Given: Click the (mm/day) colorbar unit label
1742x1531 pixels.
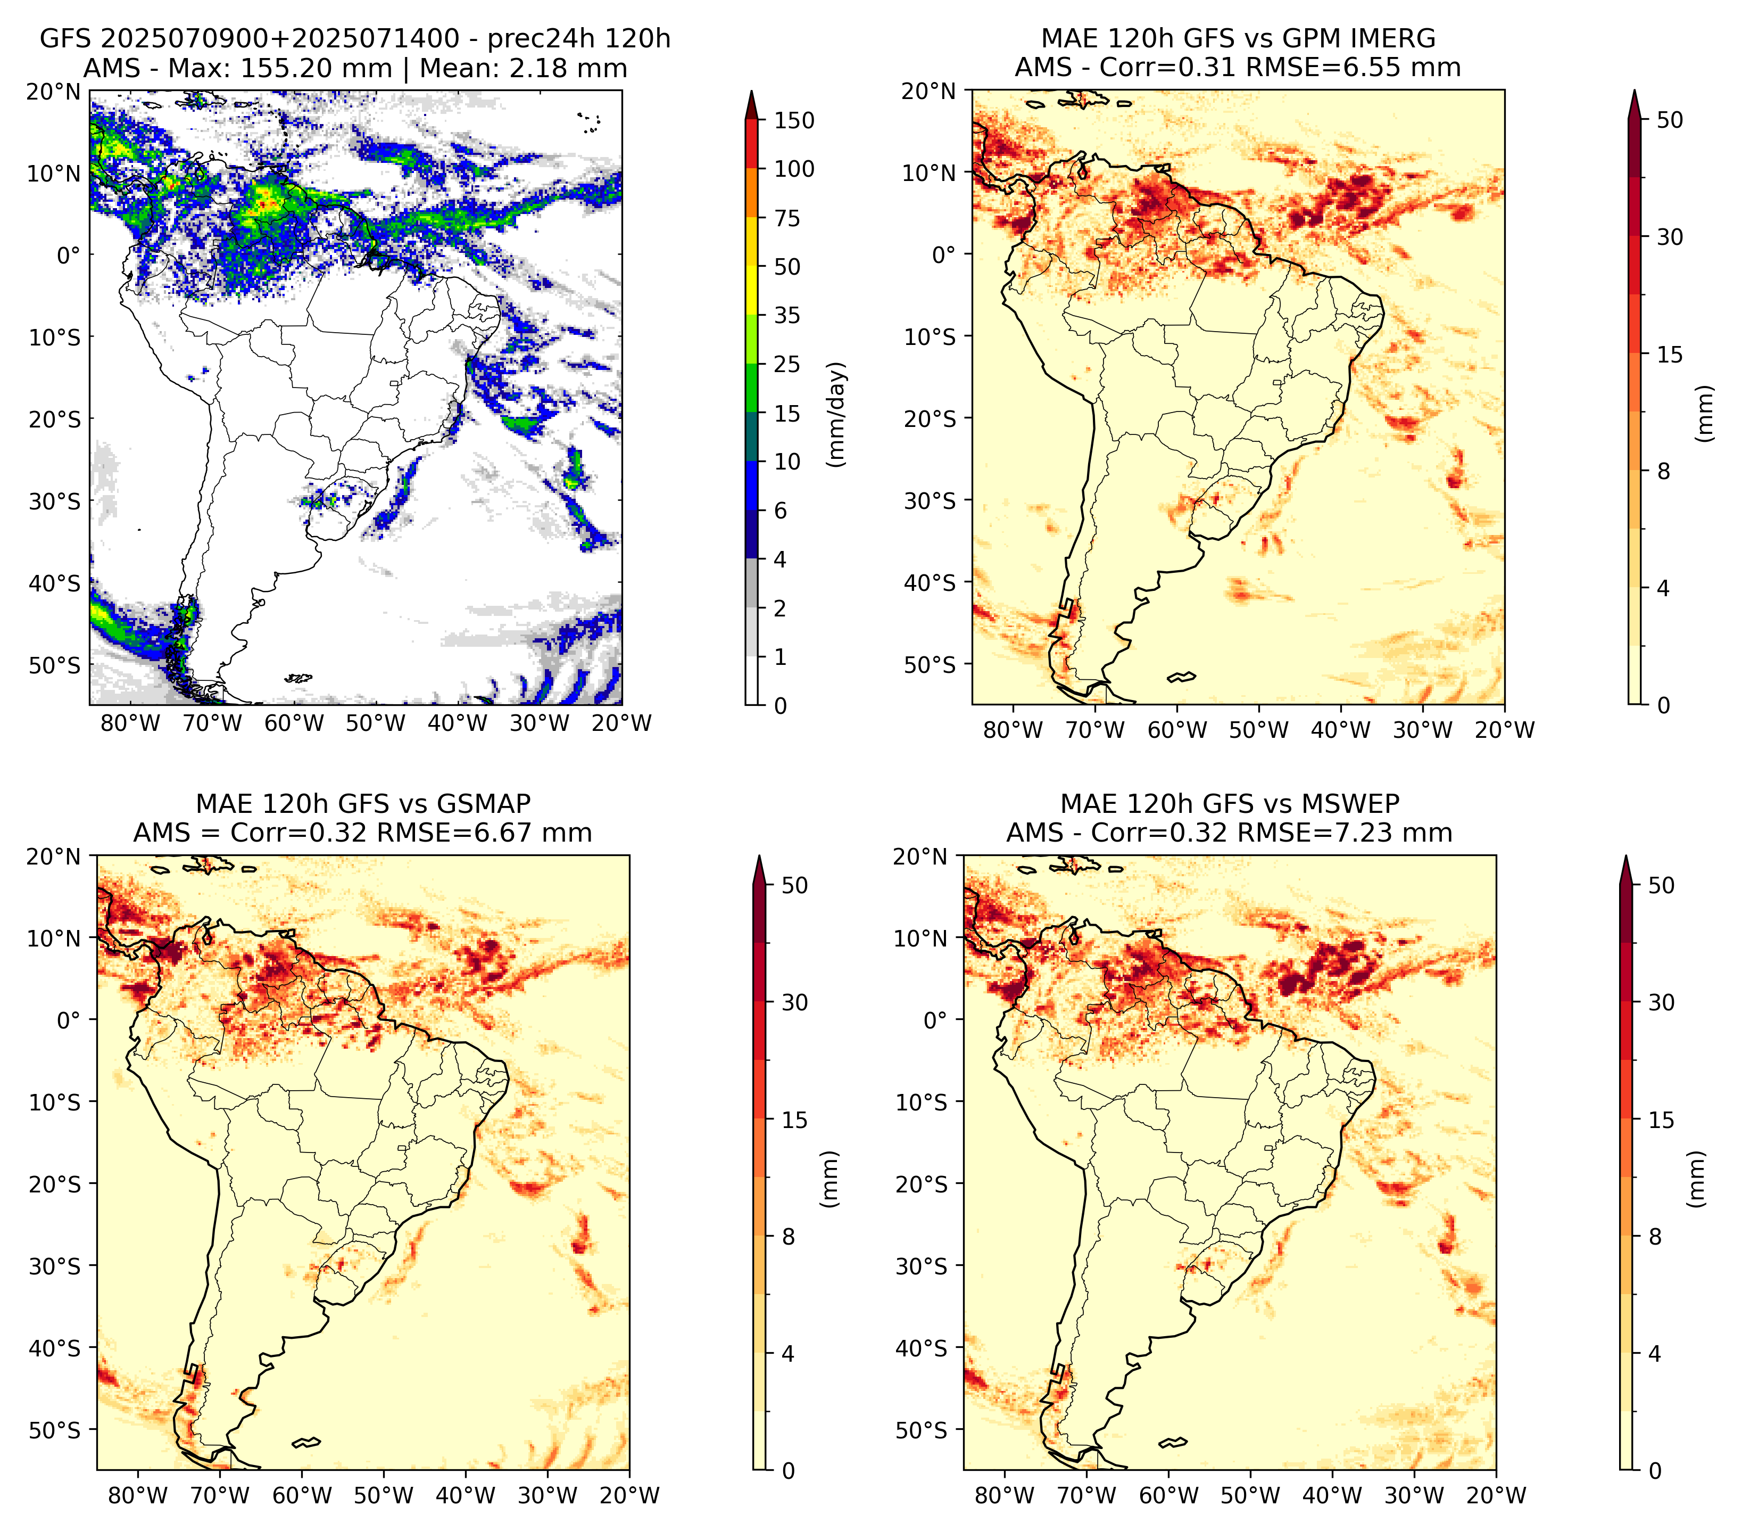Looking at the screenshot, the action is click(x=838, y=414).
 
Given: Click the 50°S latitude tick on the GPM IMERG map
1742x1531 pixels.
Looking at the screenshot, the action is click(x=930, y=664).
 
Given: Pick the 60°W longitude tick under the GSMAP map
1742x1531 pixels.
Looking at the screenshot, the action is click(x=303, y=1495).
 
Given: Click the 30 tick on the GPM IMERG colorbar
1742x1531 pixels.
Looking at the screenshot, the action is click(x=1670, y=237).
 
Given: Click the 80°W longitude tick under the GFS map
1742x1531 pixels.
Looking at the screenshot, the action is click(x=130, y=723).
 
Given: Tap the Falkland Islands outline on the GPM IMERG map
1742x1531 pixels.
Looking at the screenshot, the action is click(x=1181, y=678).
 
